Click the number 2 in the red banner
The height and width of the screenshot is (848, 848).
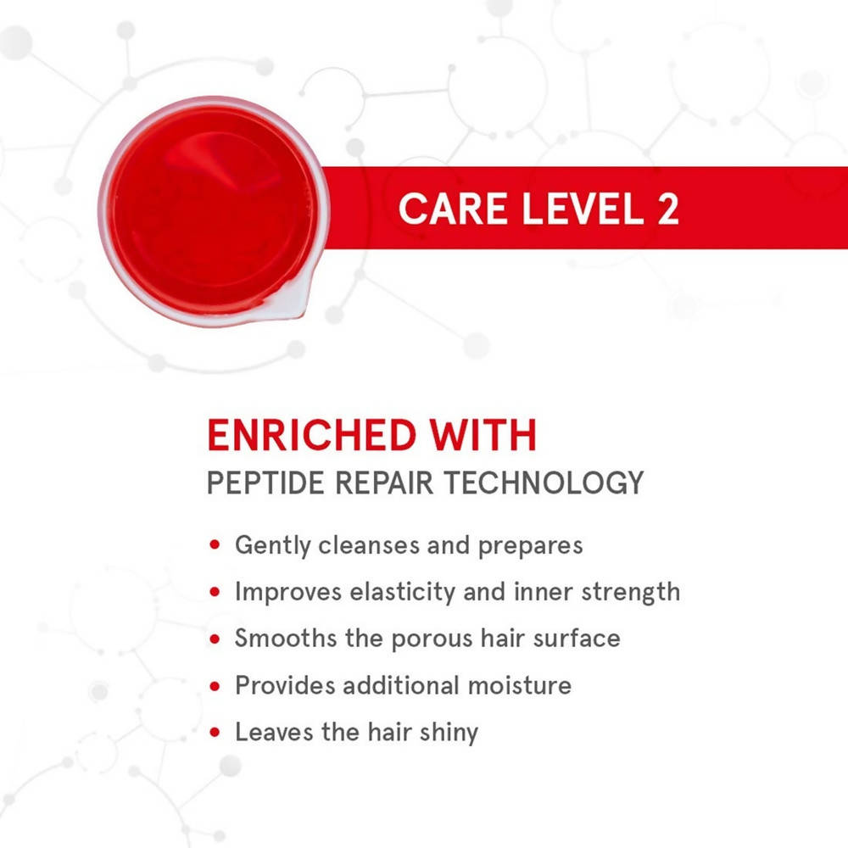point(668,209)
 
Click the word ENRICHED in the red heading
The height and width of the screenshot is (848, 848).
point(312,435)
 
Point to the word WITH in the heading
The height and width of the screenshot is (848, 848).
point(483,435)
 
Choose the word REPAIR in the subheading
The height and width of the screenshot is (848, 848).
point(384,483)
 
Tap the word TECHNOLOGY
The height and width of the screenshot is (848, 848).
point(544,483)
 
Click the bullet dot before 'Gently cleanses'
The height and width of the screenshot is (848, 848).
point(215,544)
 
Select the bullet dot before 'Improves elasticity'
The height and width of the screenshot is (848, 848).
point(215,592)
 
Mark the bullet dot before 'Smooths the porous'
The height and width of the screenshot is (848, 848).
point(215,639)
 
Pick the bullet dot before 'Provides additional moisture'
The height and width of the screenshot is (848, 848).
point(215,686)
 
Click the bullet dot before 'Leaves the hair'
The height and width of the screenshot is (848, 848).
point(215,733)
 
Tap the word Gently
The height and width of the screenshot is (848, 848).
point(272,545)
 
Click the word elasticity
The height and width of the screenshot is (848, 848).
point(402,593)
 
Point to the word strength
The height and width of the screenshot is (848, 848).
point(631,593)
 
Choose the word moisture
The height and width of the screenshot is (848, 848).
point(519,686)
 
